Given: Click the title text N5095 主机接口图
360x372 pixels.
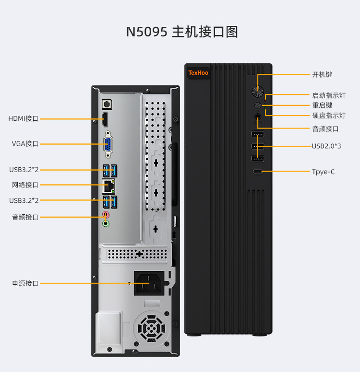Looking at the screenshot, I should point(182,32).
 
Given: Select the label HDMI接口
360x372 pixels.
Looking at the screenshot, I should point(23,118).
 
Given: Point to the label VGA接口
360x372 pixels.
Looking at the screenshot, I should point(25,143).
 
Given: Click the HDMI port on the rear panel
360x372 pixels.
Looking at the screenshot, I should point(105,119).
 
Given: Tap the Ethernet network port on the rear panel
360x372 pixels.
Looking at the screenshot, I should point(108,185).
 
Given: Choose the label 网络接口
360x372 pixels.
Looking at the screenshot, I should point(25,185).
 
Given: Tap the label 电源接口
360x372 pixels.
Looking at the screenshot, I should point(25,283).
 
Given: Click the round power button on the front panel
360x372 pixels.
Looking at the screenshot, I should point(258,92).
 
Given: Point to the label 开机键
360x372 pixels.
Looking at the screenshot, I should point(322,74).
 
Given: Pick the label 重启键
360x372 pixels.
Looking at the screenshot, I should point(322,105).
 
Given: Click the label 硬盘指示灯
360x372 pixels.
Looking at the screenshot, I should point(329,116).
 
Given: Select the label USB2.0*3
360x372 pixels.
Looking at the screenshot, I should point(326,146).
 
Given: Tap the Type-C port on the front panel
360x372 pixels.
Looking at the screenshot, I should point(258,172).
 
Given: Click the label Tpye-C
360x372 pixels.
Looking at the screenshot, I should point(324,171).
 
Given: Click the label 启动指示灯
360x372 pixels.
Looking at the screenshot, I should point(329,95).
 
